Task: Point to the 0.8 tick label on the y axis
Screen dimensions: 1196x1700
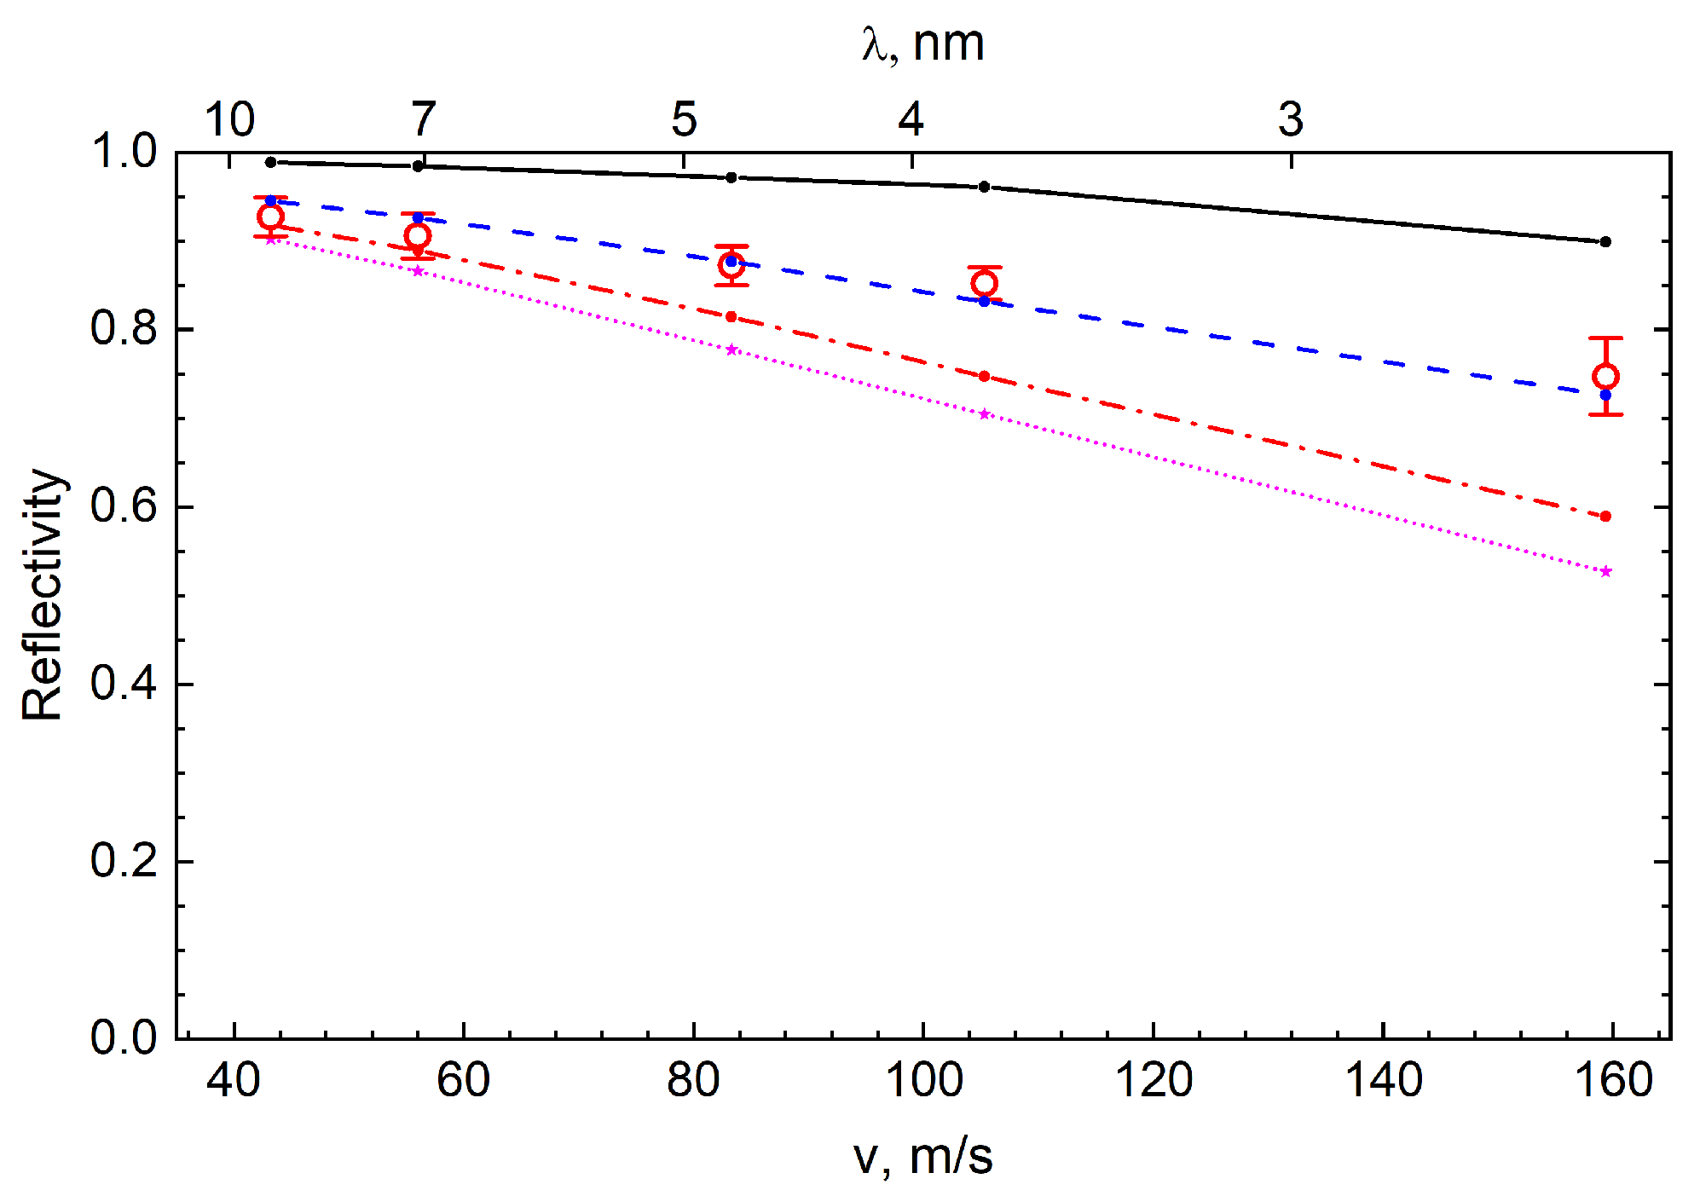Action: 124,328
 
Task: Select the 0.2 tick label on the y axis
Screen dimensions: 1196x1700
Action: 124,861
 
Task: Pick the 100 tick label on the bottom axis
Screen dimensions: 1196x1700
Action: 923,1080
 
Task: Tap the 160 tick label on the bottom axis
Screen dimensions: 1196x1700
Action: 1612,1080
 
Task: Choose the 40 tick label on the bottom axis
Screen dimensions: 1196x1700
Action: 233,1080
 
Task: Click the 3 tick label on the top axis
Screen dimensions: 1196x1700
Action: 1290,119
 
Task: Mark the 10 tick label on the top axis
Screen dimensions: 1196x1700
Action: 229,119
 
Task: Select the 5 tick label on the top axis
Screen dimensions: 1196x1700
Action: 684,119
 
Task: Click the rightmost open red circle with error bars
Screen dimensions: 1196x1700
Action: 1605,377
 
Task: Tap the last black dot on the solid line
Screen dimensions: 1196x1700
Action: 1605,242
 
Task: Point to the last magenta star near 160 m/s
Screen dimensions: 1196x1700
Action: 1605,572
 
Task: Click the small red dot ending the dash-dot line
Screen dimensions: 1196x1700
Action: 1605,517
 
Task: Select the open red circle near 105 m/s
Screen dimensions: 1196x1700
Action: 984,283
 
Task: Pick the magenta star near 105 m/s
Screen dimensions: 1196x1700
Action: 984,414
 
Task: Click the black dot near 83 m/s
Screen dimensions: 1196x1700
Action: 731,177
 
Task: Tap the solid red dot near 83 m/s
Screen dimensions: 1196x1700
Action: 731,317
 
